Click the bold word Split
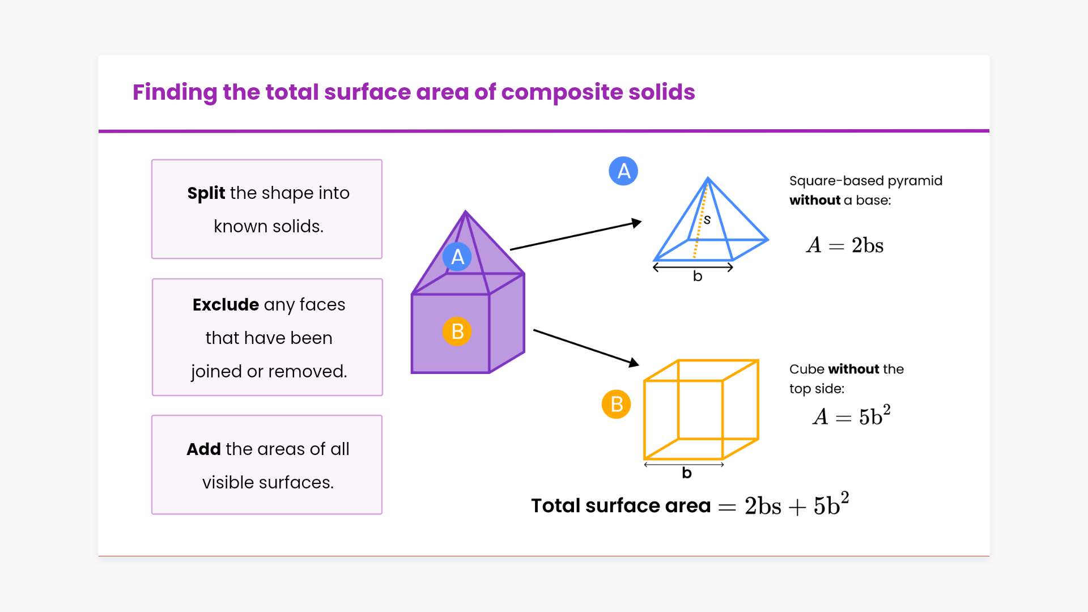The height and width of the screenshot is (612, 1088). point(206,193)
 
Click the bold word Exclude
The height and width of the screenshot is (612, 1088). point(226,304)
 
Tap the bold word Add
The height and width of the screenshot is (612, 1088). point(203,449)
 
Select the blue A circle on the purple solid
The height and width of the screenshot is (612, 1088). point(457,257)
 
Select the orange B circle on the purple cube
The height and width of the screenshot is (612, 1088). point(457,331)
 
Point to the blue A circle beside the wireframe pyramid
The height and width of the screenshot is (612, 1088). point(623,171)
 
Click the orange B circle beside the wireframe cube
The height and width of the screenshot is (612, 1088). point(617,404)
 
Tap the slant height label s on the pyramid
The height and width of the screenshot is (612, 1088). point(707,219)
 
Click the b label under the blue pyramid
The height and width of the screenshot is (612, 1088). point(698,276)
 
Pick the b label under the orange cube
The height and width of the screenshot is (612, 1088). point(687,473)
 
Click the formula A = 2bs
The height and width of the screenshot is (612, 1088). point(845,245)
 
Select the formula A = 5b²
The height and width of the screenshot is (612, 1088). point(852,415)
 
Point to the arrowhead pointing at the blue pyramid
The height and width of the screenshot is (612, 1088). point(637,223)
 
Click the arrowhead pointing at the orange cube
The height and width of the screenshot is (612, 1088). point(634,362)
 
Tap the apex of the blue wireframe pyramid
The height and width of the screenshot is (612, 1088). point(708,178)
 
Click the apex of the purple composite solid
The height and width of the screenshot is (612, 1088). point(466,211)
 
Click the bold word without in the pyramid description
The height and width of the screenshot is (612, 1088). point(815,200)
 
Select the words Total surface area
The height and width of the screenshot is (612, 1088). point(620,505)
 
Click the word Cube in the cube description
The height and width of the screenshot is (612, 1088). point(806,369)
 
